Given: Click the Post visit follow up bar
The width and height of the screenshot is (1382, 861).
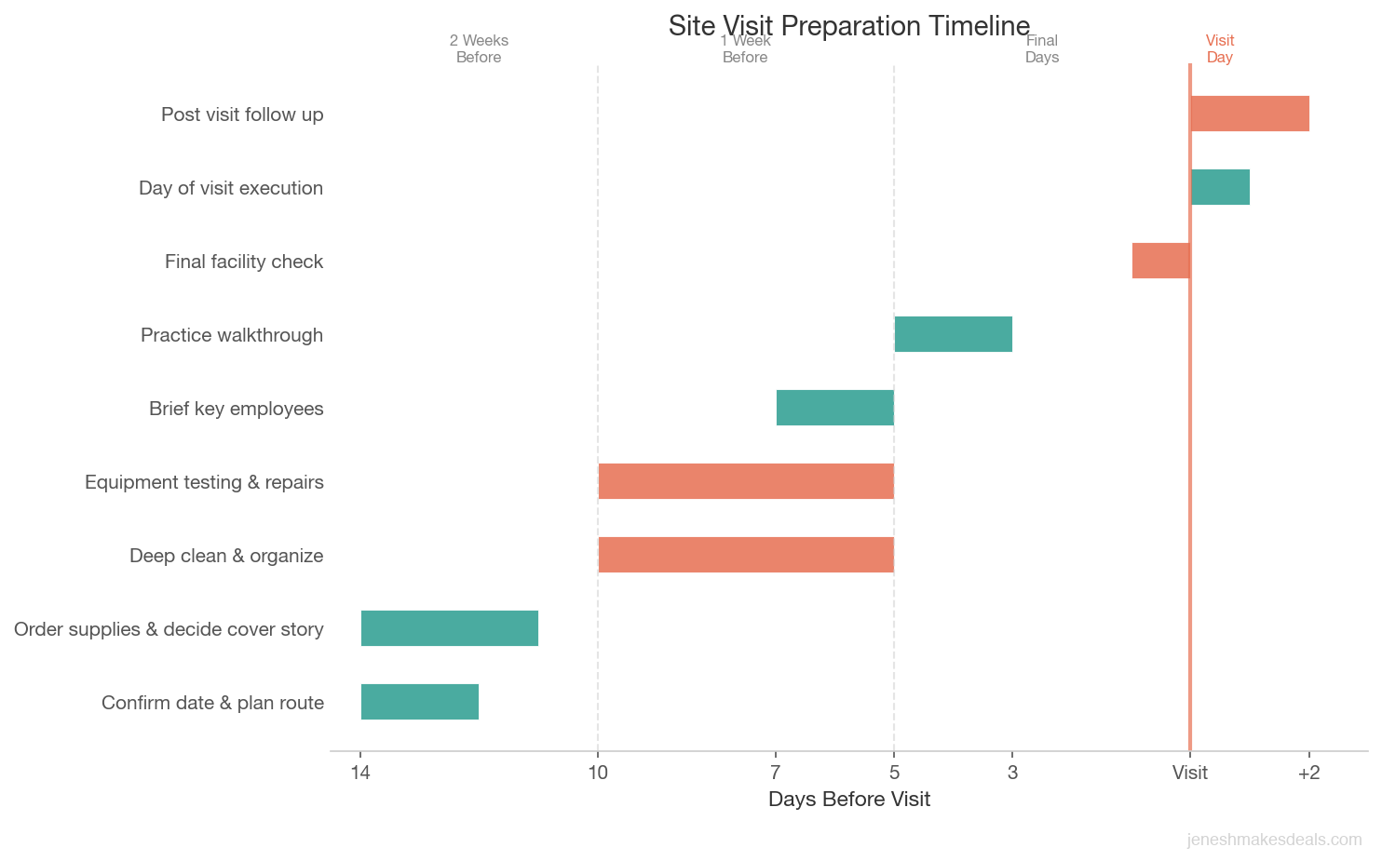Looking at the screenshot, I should pos(1250,114).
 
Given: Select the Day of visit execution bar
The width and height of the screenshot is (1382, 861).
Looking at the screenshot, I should pos(1220,187).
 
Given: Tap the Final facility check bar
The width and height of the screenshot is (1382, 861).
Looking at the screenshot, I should pos(1160,261).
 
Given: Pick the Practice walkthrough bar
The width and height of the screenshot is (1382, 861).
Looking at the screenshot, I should pos(953,334).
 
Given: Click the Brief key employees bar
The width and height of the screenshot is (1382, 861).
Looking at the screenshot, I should pos(834,408).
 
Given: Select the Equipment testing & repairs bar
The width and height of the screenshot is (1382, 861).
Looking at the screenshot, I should pos(746,481).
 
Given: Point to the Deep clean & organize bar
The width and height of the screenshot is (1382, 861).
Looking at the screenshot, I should pos(746,555).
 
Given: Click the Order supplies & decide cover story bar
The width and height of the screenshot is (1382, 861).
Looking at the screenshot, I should pos(450,628).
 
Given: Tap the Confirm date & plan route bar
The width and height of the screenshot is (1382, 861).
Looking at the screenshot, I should pos(420,702).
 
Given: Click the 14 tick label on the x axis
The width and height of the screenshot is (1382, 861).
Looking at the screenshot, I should pos(360,773).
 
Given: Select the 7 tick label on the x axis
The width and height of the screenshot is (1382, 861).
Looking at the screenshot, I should pos(775,773).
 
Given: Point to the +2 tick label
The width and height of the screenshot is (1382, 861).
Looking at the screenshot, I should pos(1308,773).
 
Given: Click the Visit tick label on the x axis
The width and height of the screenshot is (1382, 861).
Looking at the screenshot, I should pos(1189,773).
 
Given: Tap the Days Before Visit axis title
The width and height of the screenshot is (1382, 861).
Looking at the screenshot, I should pos(848,800).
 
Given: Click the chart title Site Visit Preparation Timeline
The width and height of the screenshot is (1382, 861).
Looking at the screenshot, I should pos(848,25).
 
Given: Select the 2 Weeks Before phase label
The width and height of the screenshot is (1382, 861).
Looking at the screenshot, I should pos(479,48).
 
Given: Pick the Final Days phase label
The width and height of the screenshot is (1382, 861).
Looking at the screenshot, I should pos(1041,48).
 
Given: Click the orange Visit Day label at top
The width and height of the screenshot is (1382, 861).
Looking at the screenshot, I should pos(1219,48).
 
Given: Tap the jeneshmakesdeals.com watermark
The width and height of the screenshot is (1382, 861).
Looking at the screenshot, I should pos(1274,840).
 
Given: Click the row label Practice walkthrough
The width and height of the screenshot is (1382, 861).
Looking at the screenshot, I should pos(232,335).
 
